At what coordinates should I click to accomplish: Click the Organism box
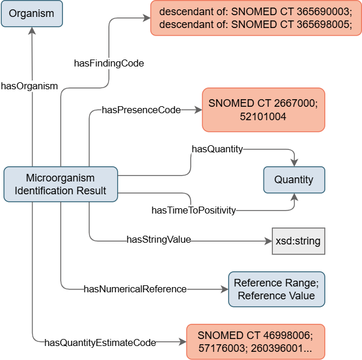click(32, 13)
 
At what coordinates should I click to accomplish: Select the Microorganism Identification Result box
click(61, 184)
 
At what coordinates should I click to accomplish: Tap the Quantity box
click(294, 180)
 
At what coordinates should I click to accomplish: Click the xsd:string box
click(298, 240)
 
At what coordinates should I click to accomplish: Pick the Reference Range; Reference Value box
click(276, 289)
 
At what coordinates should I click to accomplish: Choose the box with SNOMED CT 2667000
click(263, 110)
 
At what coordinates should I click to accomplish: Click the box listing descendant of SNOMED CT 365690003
click(256, 18)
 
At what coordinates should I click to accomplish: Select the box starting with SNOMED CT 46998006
click(255, 341)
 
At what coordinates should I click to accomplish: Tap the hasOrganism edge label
click(29, 86)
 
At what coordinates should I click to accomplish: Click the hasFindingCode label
click(109, 62)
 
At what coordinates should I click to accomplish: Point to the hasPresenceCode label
click(141, 110)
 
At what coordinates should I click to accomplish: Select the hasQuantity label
click(217, 149)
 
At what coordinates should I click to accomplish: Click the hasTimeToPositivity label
click(194, 210)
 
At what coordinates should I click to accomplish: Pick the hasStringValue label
click(159, 239)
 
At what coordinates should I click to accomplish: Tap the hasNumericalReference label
click(135, 289)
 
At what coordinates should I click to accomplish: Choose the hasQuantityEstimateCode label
click(100, 342)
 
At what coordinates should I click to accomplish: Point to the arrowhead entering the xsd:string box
click(268, 240)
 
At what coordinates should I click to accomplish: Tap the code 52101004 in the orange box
click(263, 117)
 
